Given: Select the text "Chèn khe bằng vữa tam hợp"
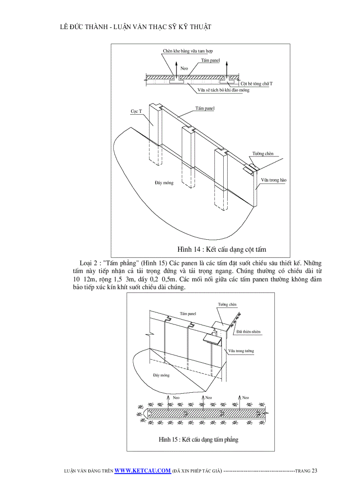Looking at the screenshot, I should tap(191, 52).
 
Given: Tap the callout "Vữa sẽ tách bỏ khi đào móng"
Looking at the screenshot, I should tap(223, 90).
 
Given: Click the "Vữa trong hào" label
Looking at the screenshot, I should tap(273, 180).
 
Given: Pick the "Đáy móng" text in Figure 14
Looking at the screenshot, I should tap(164, 182).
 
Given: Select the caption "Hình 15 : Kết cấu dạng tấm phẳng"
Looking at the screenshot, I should tap(199, 439).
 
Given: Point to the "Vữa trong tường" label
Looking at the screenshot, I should tap(241, 351).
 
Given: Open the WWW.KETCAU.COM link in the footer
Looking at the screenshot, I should tap(142, 470).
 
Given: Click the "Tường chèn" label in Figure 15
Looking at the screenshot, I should tap(227, 305).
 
